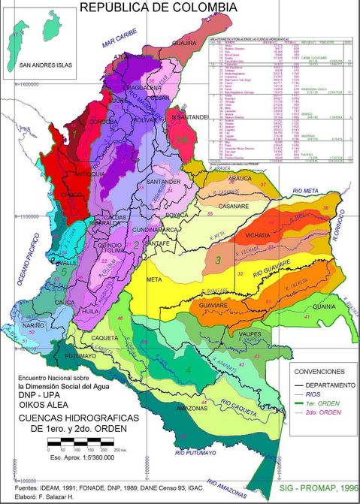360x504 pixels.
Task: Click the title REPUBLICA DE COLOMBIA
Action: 159,8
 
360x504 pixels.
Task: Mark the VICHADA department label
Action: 258,235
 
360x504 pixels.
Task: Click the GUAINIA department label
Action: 325,306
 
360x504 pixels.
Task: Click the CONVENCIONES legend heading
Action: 319,371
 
